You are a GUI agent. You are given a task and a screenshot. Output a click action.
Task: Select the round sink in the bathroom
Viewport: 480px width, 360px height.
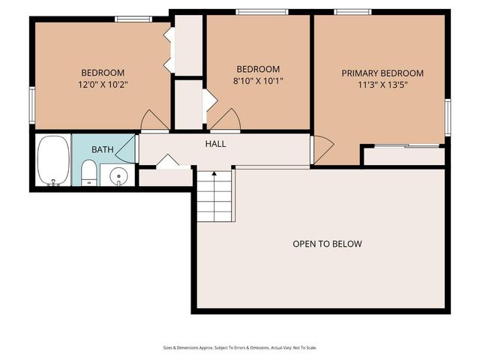coord(118,177)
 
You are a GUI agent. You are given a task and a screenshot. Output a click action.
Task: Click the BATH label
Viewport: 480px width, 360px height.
coord(103,150)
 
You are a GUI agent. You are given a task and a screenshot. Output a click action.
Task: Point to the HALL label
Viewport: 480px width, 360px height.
coord(215,144)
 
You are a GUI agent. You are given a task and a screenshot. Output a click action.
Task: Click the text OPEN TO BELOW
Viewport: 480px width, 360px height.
coord(327,244)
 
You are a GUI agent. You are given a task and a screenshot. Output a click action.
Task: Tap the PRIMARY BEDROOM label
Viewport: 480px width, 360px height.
coord(382,73)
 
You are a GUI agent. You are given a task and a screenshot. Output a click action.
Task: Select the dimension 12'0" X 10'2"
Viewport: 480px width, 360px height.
coord(103,85)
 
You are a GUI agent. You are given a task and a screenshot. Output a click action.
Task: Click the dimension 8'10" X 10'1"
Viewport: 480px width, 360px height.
coord(258,81)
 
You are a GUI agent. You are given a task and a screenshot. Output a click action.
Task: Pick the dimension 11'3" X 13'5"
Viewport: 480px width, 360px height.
coord(382,85)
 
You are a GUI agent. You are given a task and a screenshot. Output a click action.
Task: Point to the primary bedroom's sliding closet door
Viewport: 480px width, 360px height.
coord(406,145)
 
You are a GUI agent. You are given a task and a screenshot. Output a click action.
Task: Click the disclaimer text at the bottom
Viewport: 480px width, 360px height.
coord(240,347)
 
